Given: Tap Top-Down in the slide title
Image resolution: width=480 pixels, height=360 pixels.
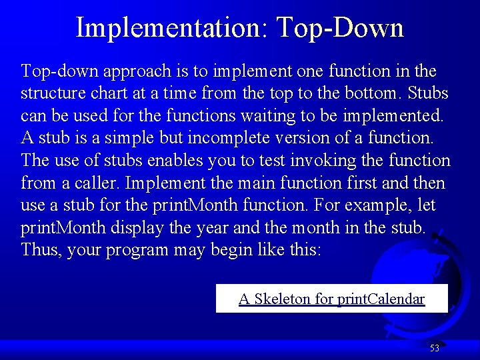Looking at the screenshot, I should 340,28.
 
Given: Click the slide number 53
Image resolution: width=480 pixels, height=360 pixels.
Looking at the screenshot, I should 435,348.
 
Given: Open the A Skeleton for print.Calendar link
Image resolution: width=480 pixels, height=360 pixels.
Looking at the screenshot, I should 331,299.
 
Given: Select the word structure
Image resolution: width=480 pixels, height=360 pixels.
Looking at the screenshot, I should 51,93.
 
